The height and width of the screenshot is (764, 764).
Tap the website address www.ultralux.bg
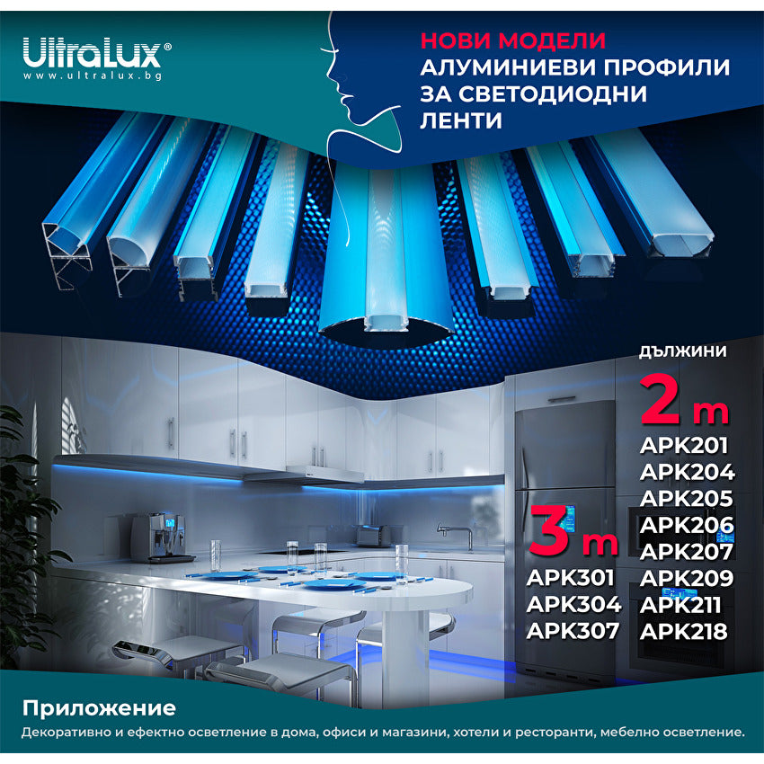pyautogui.click(x=92, y=76)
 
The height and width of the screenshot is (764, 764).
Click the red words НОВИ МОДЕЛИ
pyautogui.click(x=513, y=41)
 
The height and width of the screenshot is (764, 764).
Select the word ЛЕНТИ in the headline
pyautogui.click(x=461, y=120)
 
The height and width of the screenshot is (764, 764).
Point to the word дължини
pyautogui.click(x=683, y=351)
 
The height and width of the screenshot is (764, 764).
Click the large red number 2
pyautogui.click(x=662, y=402)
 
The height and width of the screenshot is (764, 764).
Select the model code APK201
pyautogui.click(x=684, y=446)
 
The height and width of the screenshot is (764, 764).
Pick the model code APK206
pyautogui.click(x=688, y=525)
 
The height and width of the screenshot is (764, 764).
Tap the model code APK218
pyautogui.click(x=685, y=631)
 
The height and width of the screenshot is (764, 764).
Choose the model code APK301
pyautogui.click(x=573, y=577)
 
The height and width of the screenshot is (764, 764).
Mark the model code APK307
pyautogui.click(x=573, y=630)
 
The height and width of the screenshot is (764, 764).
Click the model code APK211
pyautogui.click(x=684, y=604)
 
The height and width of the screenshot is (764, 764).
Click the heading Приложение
pyautogui.click(x=99, y=708)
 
